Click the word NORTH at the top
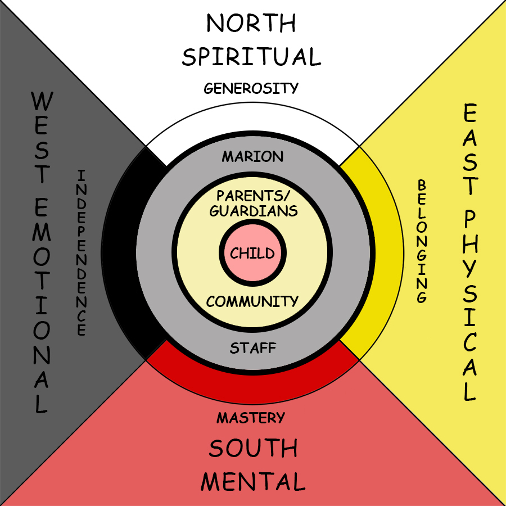coord(251,24)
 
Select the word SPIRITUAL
coord(251,57)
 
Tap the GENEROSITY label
coord(251,88)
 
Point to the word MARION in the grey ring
coord(252,156)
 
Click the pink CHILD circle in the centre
coord(252,253)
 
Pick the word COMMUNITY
coord(252,301)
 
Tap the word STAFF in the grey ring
coord(253,348)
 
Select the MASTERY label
coord(251,418)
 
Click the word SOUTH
coord(253,449)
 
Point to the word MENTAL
coord(253,482)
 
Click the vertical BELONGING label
coord(422,241)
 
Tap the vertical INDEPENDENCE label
coord(82,252)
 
